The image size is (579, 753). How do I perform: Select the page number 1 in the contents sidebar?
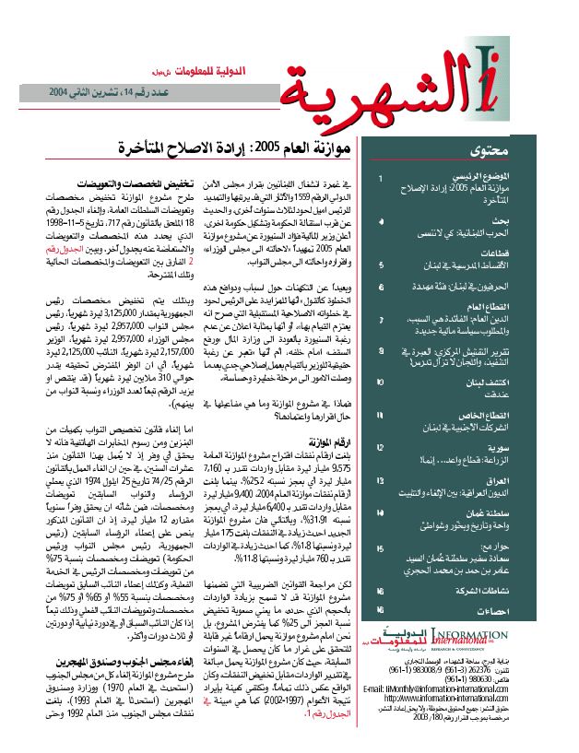pos(380,175)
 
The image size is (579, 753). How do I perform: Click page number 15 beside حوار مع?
pos(380,547)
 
